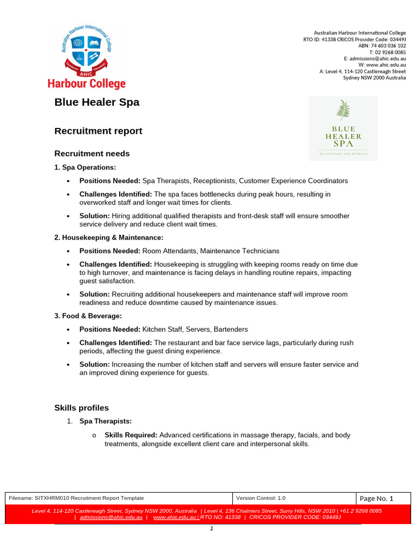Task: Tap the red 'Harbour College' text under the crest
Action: pyautogui.click(x=87, y=84)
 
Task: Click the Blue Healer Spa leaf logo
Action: pyautogui.click(x=343, y=128)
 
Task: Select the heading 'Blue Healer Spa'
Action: pyautogui.click(x=97, y=102)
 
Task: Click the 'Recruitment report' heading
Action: pyautogui.click(x=99, y=131)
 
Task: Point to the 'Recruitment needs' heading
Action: pyautogui.click(x=92, y=153)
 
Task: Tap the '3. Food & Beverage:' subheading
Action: pyautogui.click(x=88, y=315)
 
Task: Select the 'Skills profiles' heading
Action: pyautogui.click(x=82, y=408)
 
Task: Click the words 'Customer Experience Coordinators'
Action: pyautogui.click(x=293, y=180)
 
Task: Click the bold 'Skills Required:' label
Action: pyautogui.click(x=131, y=435)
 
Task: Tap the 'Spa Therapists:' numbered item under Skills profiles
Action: pyautogui.click(x=106, y=421)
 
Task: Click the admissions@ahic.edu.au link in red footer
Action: pyautogui.click(x=111, y=518)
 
